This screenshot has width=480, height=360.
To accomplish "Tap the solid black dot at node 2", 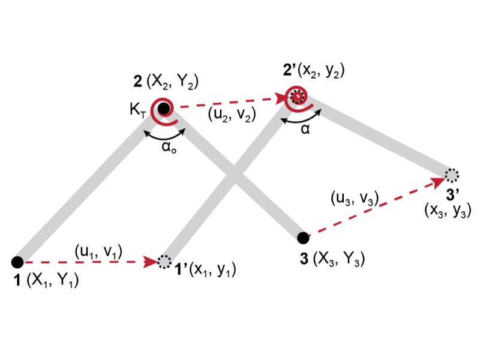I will (164, 108).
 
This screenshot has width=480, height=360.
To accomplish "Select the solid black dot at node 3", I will (304, 238).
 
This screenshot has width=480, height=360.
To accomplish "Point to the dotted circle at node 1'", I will (164, 262).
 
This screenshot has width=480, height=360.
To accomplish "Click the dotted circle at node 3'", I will (452, 175).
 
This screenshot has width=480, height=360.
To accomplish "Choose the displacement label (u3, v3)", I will (354, 199).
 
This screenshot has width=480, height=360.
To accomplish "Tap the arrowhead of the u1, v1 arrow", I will (152, 262).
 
